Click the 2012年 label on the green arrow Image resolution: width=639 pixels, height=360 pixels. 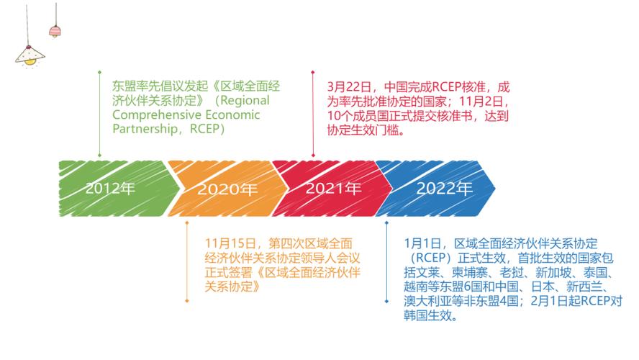click(x=110, y=189)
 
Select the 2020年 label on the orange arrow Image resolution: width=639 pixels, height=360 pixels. click(x=227, y=190)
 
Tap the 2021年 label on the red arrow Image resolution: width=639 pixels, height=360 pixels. click(x=333, y=189)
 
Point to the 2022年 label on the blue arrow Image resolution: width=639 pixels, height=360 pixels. click(x=445, y=189)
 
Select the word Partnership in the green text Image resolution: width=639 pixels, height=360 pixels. click(x=143, y=130)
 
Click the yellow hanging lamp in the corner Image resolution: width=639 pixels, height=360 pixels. click(x=29, y=55)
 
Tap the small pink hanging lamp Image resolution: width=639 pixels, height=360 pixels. click(x=55, y=31)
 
